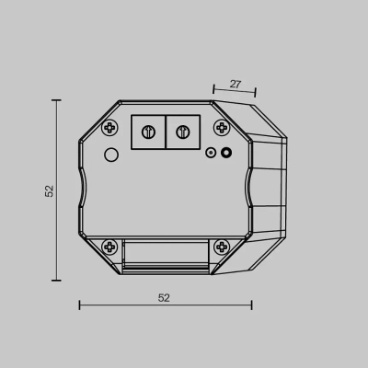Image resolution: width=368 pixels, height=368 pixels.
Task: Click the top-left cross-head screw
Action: pos(109,127)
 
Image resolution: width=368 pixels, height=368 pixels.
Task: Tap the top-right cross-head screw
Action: pos(222,127)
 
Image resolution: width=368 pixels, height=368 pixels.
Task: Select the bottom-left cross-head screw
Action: pos(109,247)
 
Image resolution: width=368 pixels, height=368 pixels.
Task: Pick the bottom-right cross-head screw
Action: pos(222,247)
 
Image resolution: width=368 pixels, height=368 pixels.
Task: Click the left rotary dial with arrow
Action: pos(148,132)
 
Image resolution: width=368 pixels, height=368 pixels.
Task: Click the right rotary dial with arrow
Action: pos(183,132)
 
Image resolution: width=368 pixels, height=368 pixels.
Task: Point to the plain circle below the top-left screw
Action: pos(111,155)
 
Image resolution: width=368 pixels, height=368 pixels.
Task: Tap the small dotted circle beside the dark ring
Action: pos(211,153)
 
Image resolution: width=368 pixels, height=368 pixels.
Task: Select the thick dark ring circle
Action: pos(226,153)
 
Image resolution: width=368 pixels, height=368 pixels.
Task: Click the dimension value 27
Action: pos(236,84)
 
